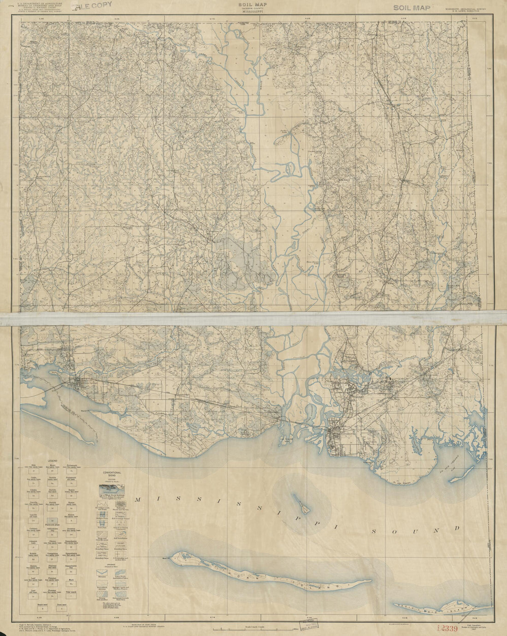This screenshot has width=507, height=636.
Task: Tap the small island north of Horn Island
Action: coord(302,505)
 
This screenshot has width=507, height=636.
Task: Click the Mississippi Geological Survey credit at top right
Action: coord(462,10)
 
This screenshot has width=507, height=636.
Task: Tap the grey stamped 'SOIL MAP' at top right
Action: coord(412,7)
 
